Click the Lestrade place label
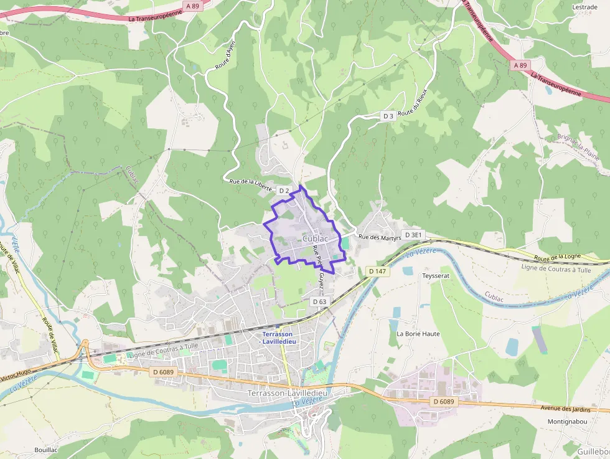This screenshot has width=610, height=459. pos(584,7)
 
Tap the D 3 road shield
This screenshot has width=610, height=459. pos(388,116)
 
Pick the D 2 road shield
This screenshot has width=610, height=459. pos(284,190)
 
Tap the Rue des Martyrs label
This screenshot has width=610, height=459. pos(377,237)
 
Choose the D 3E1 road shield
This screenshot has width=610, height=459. pos(413,235)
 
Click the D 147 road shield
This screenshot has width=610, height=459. pos(377,272)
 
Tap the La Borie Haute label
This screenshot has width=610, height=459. pos(418,334)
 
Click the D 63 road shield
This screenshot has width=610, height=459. pos(319,301)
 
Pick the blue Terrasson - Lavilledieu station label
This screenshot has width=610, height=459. pos(277,338)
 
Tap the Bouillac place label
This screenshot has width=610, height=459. pos(47,449)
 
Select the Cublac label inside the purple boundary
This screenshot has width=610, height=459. pos(316,239)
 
